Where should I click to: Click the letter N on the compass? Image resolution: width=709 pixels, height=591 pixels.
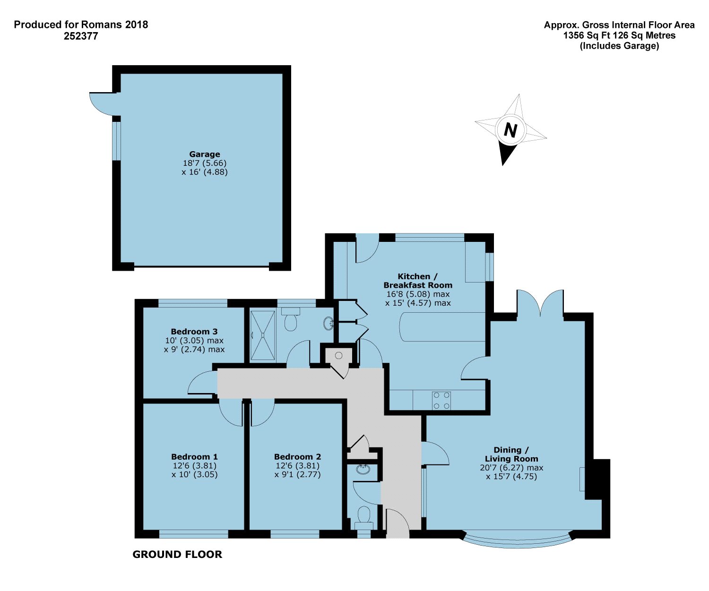tap(510, 130)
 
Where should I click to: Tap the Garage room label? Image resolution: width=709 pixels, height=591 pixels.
tap(204, 154)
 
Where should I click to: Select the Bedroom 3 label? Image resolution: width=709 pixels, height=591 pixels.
tap(194, 331)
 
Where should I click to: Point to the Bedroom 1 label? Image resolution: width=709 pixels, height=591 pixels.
tap(194, 456)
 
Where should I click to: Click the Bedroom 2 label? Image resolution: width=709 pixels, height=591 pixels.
tap(297, 456)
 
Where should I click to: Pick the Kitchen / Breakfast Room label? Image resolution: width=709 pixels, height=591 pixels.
tap(418, 281)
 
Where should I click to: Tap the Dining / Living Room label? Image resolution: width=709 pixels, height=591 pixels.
tap(511, 454)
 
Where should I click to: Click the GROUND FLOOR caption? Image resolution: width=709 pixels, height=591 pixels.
tap(177, 554)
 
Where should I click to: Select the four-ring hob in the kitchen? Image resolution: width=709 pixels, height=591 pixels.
tap(441, 401)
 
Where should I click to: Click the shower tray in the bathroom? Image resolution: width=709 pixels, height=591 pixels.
tap(262, 335)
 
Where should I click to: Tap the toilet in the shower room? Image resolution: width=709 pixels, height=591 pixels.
tap(290, 319)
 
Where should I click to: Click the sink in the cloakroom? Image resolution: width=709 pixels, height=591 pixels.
tap(363, 470)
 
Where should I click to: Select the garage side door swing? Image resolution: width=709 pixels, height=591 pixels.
tap(102, 103)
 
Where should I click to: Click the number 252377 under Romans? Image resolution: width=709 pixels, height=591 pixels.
tap(81, 36)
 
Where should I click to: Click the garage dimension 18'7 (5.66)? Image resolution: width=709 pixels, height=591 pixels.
tap(204, 163)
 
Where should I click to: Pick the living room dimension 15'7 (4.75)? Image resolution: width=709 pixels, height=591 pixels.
tap(511, 476)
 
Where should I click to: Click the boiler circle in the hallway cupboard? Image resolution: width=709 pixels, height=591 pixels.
tap(338, 355)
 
